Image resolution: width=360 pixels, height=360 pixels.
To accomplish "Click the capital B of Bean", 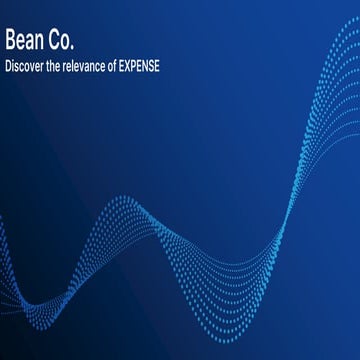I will click(x=10, y=41).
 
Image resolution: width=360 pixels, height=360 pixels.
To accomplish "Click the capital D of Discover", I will click(x=8, y=66).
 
